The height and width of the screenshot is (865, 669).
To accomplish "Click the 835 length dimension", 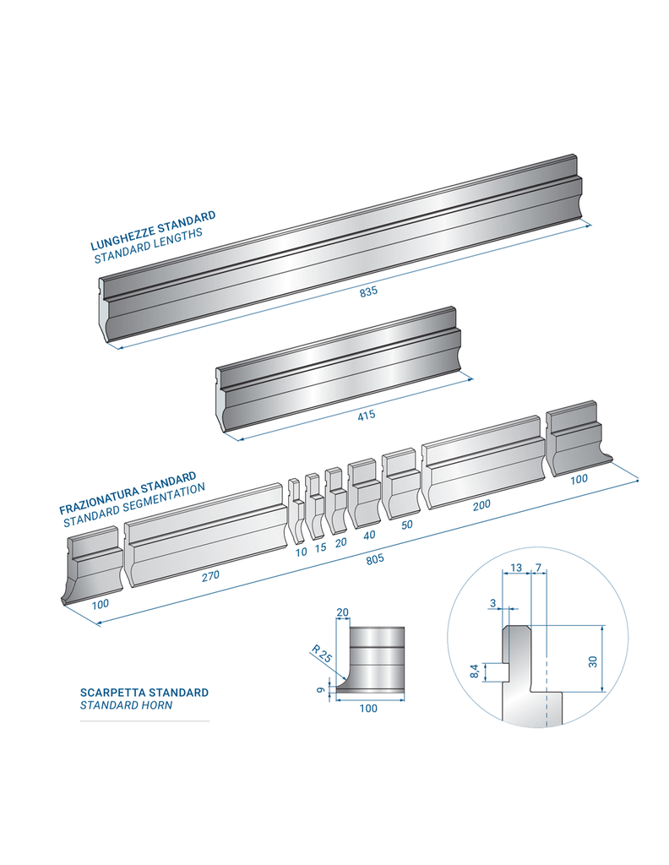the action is pos(368,291).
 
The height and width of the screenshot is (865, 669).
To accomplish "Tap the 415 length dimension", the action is pos(367,415).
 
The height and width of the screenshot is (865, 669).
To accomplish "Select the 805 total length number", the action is pos(374,559).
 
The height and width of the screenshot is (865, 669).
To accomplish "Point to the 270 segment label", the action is pos(210,575).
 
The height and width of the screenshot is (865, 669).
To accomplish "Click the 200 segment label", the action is pos(481,505).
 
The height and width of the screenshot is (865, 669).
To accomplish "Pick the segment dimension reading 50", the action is pos(407,525).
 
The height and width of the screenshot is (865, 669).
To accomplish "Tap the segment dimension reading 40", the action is pos(369,535).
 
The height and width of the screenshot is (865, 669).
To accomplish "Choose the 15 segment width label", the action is pos(320,547).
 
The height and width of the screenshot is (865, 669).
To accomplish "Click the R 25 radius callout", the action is pos(321,654).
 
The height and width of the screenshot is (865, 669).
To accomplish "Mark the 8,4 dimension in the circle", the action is pos(474,672).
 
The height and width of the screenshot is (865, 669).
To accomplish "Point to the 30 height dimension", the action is pos(593,661).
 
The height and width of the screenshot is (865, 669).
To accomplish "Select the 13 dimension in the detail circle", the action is pos(515,568).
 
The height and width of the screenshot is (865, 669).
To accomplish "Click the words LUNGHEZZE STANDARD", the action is pos(153,230).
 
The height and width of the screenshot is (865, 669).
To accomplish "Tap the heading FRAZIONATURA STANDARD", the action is pos(128,492).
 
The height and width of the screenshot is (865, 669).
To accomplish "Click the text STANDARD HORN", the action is pos(126,705).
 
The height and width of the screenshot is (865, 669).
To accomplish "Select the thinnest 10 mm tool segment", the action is pos(296,511).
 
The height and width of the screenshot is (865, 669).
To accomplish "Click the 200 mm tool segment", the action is pos(483,462).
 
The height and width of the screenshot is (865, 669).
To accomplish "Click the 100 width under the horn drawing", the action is pos(368,709).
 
